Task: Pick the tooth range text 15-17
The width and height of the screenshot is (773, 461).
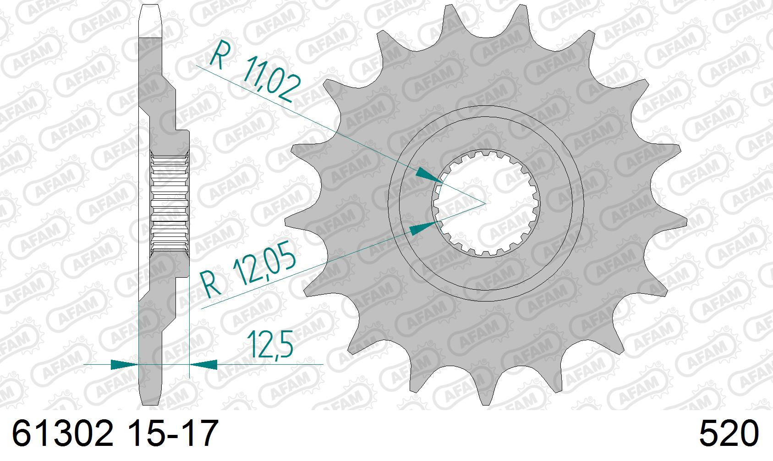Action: tap(173, 433)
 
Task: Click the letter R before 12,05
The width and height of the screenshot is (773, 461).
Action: tap(211, 284)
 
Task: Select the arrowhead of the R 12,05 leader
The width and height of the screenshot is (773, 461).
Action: tap(422, 228)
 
